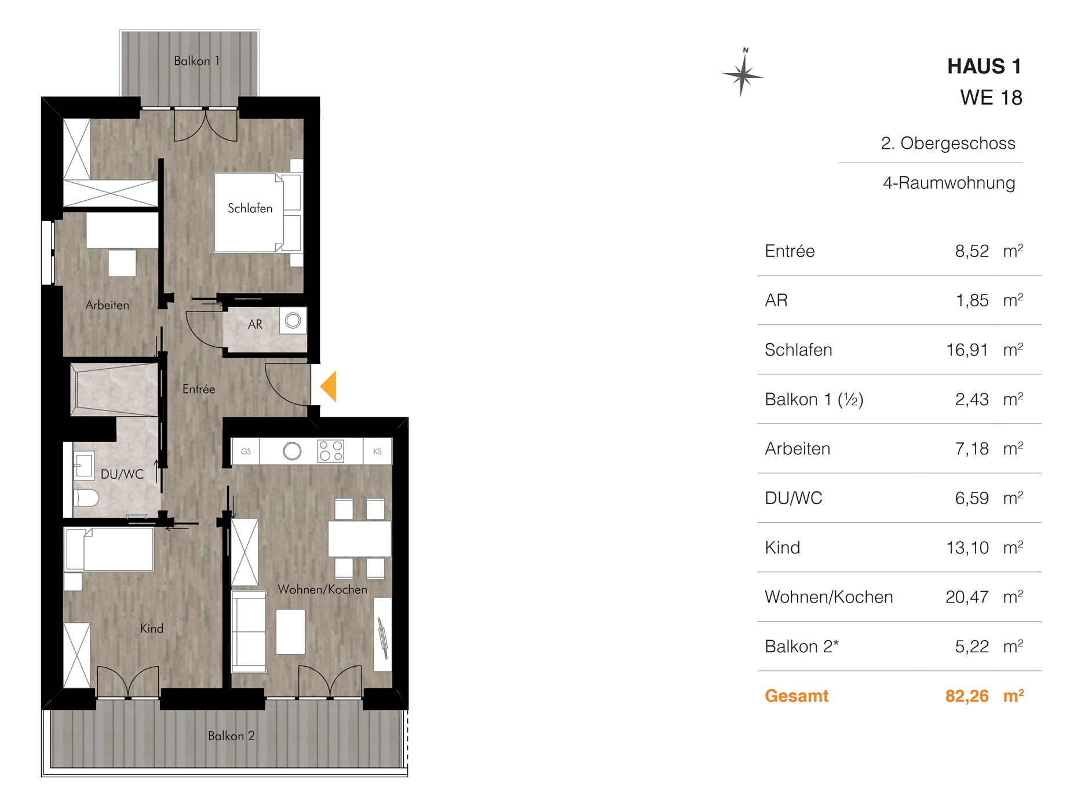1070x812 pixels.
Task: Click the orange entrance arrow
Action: click(x=329, y=387)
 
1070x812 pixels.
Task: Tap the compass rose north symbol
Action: click(x=742, y=74)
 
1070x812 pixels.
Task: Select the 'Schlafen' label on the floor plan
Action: click(x=250, y=208)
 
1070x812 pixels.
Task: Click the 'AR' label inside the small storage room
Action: click(x=255, y=325)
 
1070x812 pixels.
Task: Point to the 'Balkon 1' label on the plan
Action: click(x=197, y=61)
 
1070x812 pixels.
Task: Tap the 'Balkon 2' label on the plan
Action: click(x=231, y=736)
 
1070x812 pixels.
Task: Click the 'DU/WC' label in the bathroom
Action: click(x=122, y=475)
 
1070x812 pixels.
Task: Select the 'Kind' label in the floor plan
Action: click(x=152, y=629)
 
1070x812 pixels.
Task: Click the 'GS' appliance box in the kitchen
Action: click(x=246, y=451)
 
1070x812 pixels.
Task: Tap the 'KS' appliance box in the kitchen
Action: click(x=377, y=451)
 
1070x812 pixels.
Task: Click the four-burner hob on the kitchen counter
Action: click(x=331, y=451)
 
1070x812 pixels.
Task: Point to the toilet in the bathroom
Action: click(x=86, y=498)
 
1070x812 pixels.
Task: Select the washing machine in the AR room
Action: click(x=293, y=321)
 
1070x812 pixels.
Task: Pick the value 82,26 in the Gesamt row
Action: click(x=967, y=696)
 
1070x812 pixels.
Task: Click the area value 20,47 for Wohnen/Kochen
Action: click(x=967, y=597)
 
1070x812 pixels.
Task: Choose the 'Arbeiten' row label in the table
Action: click(x=798, y=449)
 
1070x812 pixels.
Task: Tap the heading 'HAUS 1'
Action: click(x=984, y=67)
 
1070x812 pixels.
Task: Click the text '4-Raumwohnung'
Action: click(x=949, y=183)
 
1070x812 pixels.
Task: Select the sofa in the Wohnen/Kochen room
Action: click(x=249, y=631)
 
